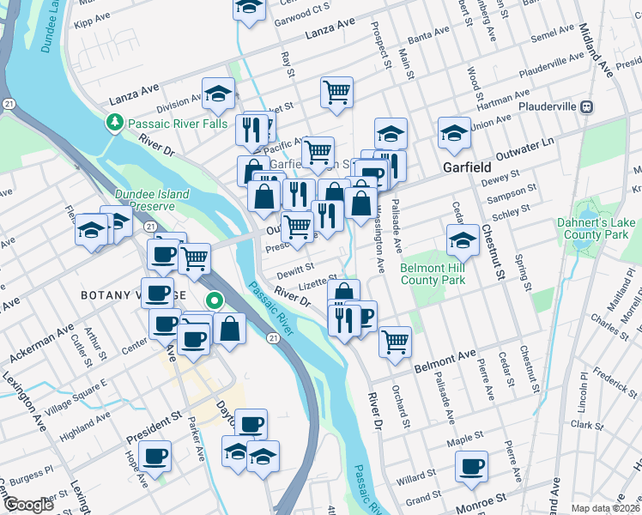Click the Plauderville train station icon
[x=587, y=107]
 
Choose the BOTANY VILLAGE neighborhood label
[x=134, y=295]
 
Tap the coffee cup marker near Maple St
[x=470, y=466]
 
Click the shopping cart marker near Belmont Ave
[x=395, y=341]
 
